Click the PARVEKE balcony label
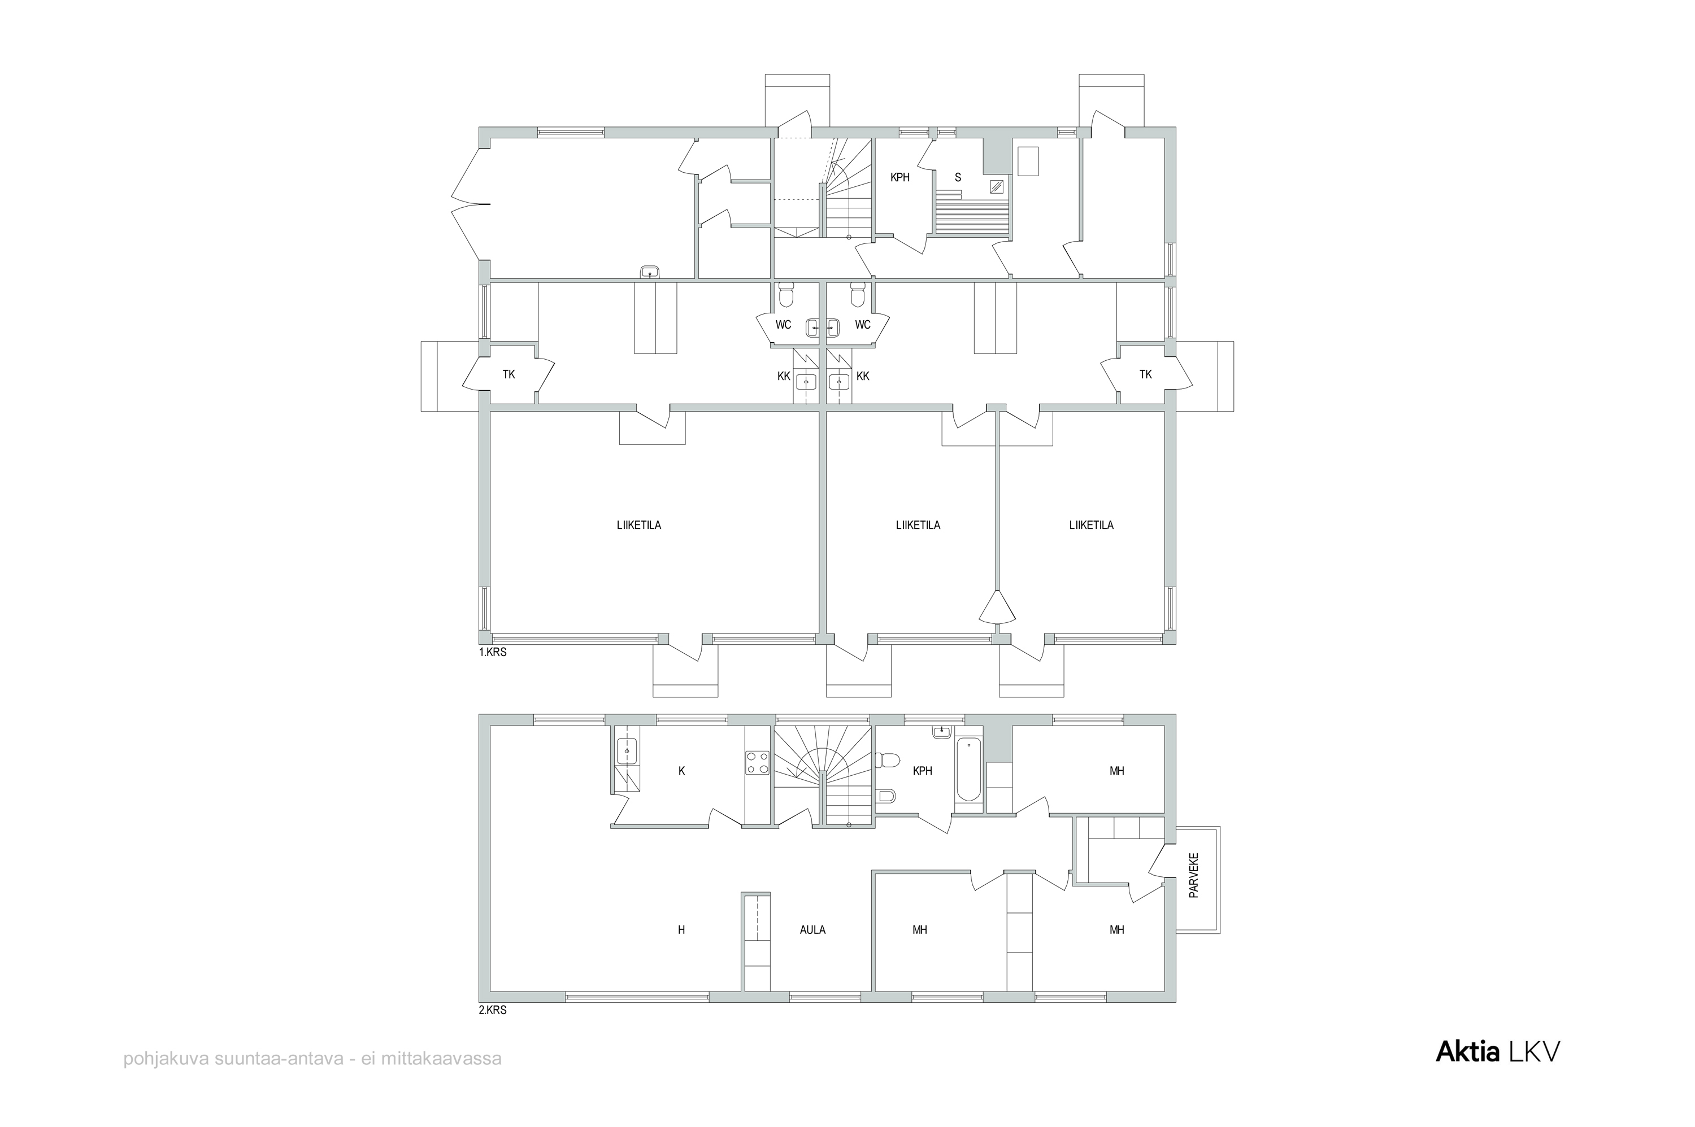tap(1194, 875)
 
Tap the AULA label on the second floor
tap(812, 929)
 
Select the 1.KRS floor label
tap(493, 653)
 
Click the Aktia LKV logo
tap(1498, 1051)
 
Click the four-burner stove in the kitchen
tap(757, 763)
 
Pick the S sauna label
tap(957, 177)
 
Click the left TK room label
tap(508, 374)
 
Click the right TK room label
tap(1146, 374)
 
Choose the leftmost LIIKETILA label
tap(638, 526)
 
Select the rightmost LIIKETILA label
tap(1091, 526)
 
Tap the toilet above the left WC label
tap(785, 294)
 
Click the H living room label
tap(681, 929)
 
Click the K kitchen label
tap(682, 771)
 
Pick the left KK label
tap(784, 376)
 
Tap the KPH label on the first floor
tap(899, 177)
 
